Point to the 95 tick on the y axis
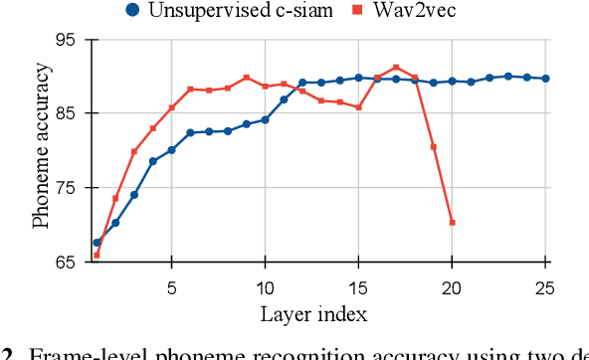pyautogui.click(x=67, y=40)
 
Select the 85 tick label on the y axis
pyautogui.click(x=67, y=113)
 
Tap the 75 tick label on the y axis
pyautogui.click(x=67, y=188)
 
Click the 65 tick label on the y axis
pyautogui.click(x=67, y=263)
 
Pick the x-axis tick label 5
pyautogui.click(x=171, y=287)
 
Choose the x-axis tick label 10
pyautogui.click(x=265, y=287)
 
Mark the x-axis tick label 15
pyautogui.click(x=358, y=287)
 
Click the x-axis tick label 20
pyautogui.click(x=452, y=287)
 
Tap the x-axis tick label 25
pyautogui.click(x=545, y=287)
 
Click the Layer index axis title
pyautogui.click(x=314, y=315)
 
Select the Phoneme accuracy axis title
pyautogui.click(x=41, y=144)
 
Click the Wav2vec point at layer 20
pyautogui.click(x=452, y=223)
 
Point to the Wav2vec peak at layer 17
pyautogui.click(x=396, y=68)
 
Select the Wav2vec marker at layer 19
pyautogui.click(x=433, y=147)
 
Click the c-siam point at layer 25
pyautogui.click(x=545, y=79)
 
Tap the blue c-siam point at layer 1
pyautogui.click(x=97, y=243)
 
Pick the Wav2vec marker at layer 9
pyautogui.click(x=246, y=78)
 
